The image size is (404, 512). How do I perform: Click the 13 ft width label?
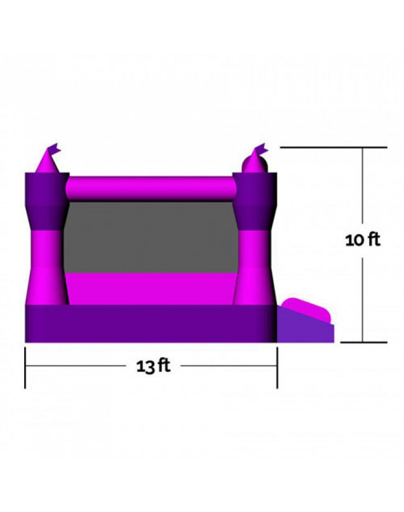coord(153,366)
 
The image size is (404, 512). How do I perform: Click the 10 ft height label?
coord(362,240)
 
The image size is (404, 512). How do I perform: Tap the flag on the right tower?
coord(261,149)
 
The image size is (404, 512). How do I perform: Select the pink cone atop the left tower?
coord(47,162)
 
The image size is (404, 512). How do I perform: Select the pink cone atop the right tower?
coord(255,163)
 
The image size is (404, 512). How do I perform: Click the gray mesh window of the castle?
coord(151,237)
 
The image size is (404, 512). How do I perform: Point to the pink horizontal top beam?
coord(151,189)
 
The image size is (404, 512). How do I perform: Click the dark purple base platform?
coord(151,323)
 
